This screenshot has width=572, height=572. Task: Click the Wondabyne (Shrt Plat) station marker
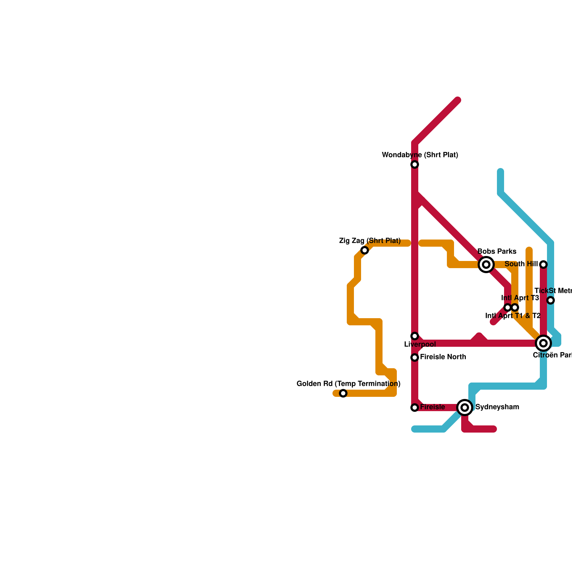[x=415, y=164]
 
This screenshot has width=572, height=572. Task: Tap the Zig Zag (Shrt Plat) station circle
[x=365, y=250]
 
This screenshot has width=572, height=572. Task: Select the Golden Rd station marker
[x=343, y=393]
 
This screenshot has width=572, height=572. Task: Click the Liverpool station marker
[x=415, y=336]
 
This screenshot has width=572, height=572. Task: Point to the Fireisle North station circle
[x=415, y=357]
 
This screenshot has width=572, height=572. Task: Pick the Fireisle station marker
[x=415, y=408]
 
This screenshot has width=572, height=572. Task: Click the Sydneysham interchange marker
[x=465, y=408]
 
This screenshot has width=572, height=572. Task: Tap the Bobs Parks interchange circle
[x=486, y=265]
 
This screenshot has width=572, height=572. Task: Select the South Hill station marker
[x=543, y=265]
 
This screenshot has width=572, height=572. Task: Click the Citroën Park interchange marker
[x=543, y=343]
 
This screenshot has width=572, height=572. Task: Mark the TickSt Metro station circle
[x=551, y=300]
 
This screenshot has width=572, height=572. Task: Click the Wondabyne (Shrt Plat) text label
[x=420, y=155]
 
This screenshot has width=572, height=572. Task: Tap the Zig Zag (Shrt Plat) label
[x=370, y=241]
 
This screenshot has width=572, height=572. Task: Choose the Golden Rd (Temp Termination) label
[x=349, y=384]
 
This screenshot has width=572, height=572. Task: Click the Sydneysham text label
[x=497, y=407]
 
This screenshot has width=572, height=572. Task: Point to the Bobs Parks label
[x=497, y=252]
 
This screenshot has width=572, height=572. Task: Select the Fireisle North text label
[x=443, y=357]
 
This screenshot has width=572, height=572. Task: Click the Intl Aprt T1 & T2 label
[x=513, y=316]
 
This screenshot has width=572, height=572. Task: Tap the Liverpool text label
[x=420, y=345]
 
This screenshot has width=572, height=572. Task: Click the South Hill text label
[x=521, y=264]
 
